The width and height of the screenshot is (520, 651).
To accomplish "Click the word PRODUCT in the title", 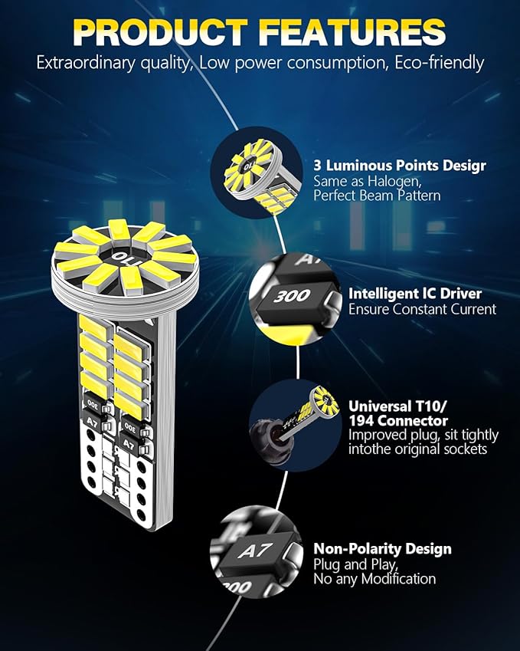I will pos(162,32).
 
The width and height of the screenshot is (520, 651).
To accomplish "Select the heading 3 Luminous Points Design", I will pos(399,166).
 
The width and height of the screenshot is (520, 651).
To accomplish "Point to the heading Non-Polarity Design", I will pos(382,549).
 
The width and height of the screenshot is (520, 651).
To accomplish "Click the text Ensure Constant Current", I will pos(422,309).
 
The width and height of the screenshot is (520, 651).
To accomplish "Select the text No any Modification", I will pos(374,579).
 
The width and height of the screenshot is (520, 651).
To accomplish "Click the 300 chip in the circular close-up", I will pos(291,295).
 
